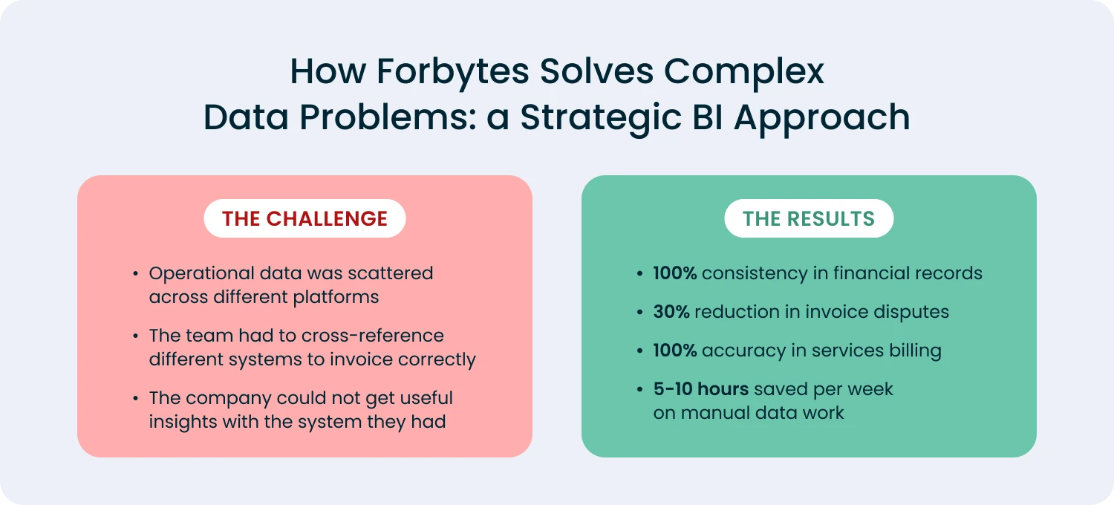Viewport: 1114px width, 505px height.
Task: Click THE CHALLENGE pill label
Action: (304, 218)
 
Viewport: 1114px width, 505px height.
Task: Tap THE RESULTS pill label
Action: (809, 218)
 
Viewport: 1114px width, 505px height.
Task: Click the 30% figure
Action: (671, 312)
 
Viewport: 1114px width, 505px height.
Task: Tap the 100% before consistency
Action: (674, 273)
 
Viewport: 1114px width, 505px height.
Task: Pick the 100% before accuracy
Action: (674, 351)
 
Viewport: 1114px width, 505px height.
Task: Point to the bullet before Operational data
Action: (135, 273)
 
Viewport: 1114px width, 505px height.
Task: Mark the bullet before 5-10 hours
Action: (639, 390)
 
